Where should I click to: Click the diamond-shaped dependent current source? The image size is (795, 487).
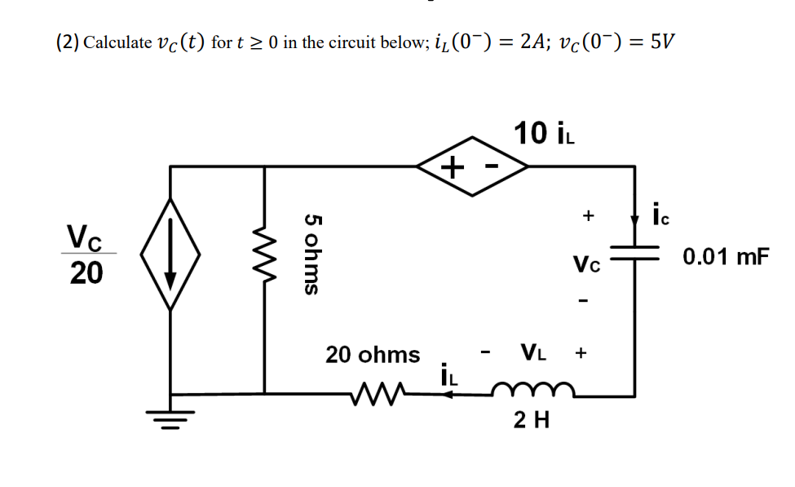[x=170, y=254]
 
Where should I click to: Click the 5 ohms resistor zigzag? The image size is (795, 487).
[x=264, y=254]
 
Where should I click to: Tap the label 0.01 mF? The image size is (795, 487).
[x=726, y=258]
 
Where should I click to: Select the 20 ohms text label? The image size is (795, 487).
[x=373, y=355]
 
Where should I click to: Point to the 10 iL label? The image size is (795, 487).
[x=545, y=132]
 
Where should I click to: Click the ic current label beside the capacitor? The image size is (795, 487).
[x=661, y=218]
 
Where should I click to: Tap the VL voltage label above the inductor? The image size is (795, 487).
[x=533, y=353]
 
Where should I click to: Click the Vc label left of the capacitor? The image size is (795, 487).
[x=586, y=264]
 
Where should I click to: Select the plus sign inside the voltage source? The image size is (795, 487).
[x=452, y=168]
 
